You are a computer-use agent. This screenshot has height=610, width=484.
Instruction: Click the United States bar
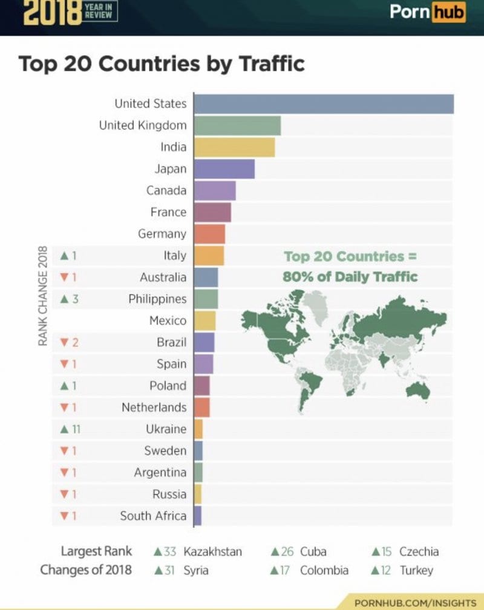pos(324,104)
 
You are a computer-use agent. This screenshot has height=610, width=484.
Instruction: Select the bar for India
pos(235,148)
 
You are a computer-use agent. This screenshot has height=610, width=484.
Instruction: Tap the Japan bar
pos(224,169)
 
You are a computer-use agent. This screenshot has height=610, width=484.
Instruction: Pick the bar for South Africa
pos(198,516)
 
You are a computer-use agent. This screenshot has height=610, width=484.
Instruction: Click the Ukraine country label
pos(166,429)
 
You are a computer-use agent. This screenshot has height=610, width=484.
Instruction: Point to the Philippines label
pos(157,299)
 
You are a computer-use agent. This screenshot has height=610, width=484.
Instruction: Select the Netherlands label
pos(154,407)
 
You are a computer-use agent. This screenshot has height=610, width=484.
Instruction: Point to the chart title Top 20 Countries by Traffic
pos(162,63)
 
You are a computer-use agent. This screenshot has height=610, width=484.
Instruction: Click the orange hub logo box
pos(448,13)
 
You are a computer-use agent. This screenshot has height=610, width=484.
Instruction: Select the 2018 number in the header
pos(52,13)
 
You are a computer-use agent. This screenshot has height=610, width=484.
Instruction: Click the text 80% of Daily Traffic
pos(350,277)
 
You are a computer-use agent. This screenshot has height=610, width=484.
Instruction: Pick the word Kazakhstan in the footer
pos(212,551)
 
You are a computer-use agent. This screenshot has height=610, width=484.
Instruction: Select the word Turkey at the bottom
pos(416,570)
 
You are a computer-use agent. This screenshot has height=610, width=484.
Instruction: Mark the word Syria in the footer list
pos(195,570)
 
